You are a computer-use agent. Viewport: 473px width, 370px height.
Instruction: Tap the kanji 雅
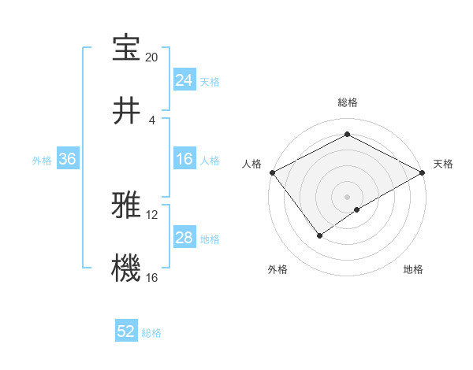pos(126,205)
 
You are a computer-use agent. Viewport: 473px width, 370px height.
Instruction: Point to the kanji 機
pos(126,268)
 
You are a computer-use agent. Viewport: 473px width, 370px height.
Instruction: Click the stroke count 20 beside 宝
pos(151,57)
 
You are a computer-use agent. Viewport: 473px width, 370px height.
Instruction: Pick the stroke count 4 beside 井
pos(151,120)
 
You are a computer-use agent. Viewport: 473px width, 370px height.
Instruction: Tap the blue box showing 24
pos(184,80)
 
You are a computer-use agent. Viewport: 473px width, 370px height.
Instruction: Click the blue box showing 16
pos(184,159)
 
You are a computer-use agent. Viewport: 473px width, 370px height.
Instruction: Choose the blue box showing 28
pos(184,238)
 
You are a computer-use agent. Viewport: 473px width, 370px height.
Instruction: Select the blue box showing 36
pos(67,159)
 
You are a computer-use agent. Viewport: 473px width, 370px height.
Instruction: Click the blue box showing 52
pos(126,332)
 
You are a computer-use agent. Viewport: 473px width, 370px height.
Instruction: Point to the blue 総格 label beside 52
pos(151,333)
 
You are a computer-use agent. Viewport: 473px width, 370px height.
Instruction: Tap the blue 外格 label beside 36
pos(42,160)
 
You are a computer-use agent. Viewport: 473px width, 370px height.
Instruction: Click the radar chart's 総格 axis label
pos(348,102)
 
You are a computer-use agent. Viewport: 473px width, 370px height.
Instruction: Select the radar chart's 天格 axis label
pos(443,164)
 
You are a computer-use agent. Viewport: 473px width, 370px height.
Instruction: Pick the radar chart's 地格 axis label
pos(413,270)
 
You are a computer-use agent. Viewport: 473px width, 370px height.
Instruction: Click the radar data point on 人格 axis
pos(272,172)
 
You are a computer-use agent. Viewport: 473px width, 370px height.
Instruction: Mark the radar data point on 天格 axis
pos(423,172)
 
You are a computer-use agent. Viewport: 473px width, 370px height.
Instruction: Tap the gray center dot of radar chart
pos(348,196)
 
